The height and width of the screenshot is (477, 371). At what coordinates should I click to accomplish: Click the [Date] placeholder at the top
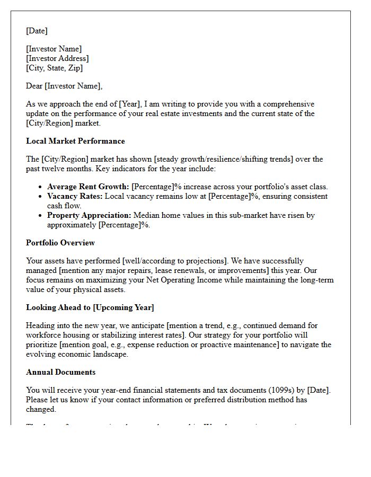pyautogui.click(x=37, y=31)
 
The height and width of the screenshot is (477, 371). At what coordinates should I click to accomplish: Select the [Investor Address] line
pyautogui.click(x=57, y=58)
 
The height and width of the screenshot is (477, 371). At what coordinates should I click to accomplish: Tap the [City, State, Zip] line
pyautogui.click(x=54, y=68)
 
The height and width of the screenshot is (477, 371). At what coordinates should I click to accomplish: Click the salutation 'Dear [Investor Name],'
pyautogui.click(x=64, y=86)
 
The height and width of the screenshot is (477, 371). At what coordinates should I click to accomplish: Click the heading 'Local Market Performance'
pyautogui.click(x=75, y=141)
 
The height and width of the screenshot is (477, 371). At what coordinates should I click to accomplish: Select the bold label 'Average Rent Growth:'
pyautogui.click(x=88, y=187)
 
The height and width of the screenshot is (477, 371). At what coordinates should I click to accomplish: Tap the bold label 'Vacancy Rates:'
pyautogui.click(x=75, y=196)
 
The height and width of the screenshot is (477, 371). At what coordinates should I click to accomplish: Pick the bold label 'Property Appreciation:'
pyautogui.click(x=89, y=215)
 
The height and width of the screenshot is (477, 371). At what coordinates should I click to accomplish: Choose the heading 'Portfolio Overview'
pyautogui.click(x=60, y=243)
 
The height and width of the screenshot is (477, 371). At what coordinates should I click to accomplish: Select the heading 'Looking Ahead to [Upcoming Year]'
pyautogui.click(x=90, y=307)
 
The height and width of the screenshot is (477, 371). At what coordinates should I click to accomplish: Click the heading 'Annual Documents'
pyautogui.click(x=61, y=372)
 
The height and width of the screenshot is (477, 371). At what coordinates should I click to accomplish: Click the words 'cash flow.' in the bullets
pyautogui.click(x=65, y=206)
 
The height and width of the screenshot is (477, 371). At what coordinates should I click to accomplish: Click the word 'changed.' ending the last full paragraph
pyautogui.click(x=42, y=409)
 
